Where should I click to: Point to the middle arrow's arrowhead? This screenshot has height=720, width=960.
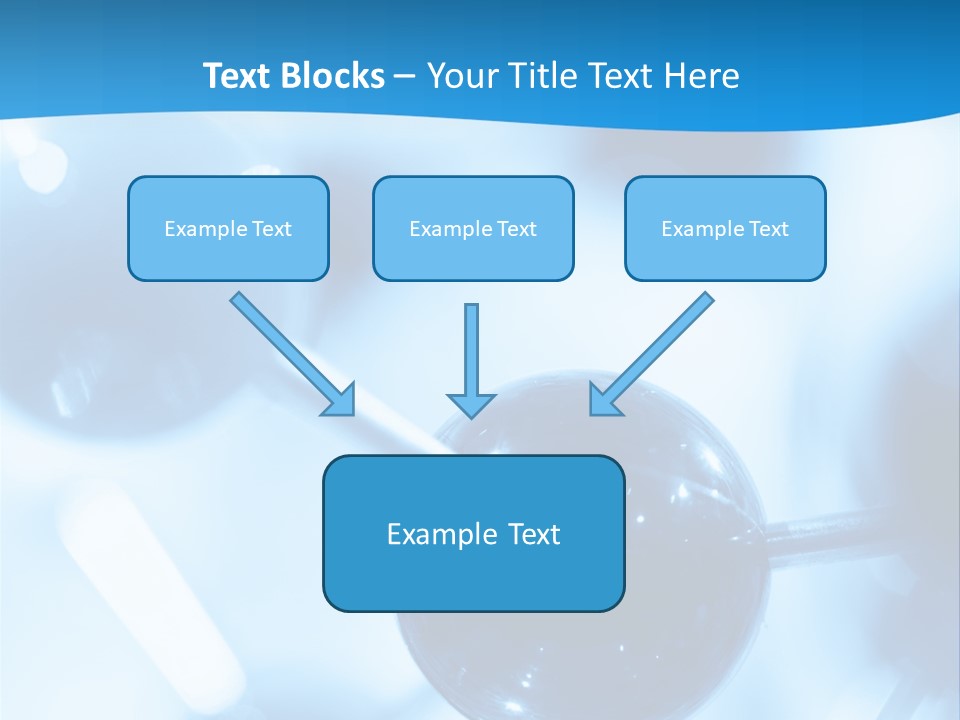coord(471,405)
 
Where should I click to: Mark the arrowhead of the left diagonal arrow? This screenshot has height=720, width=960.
coord(341,400)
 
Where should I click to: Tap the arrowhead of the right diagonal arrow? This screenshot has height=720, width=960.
coord(604,399)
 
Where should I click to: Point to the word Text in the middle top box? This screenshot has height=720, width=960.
coord(516,229)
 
